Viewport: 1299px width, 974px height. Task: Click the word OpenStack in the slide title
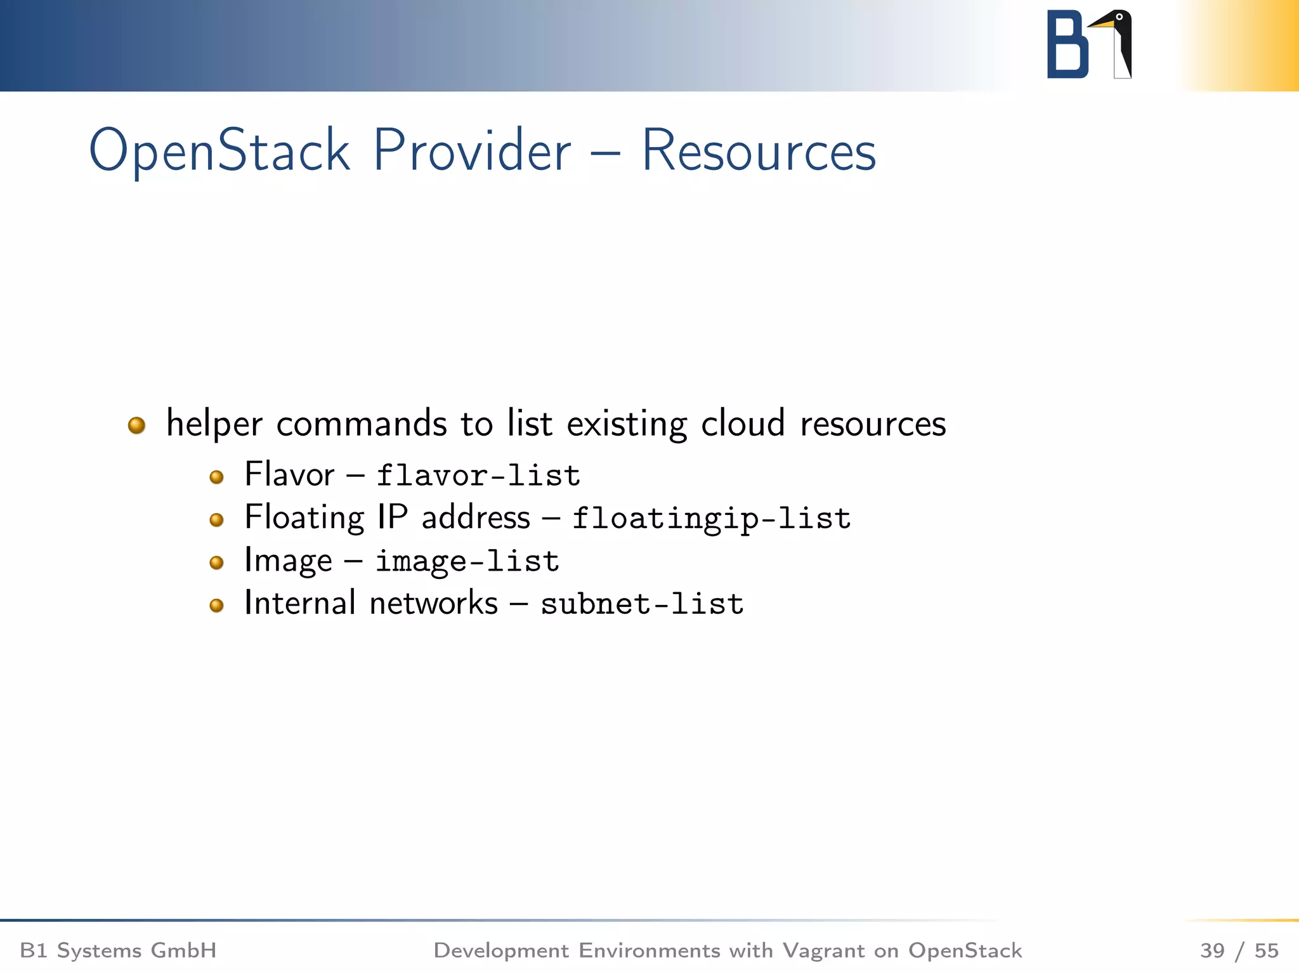(x=219, y=151)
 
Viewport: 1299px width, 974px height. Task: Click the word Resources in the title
(x=759, y=151)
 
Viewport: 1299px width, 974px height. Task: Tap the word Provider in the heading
(x=471, y=151)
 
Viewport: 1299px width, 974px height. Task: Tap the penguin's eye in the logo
(x=1119, y=16)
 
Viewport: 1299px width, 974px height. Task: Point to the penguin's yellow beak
(x=1101, y=24)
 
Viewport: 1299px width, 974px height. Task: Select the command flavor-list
(x=478, y=476)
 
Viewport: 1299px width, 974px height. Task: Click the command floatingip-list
(x=711, y=519)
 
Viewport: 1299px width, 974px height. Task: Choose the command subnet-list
(x=642, y=604)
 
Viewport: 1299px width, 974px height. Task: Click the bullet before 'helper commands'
(x=136, y=425)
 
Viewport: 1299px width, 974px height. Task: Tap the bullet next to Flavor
(x=216, y=477)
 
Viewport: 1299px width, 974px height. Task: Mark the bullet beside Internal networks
(x=216, y=606)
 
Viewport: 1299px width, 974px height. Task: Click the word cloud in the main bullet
(x=743, y=424)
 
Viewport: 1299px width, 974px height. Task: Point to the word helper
(x=214, y=424)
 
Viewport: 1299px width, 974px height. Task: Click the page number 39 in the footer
(x=1212, y=951)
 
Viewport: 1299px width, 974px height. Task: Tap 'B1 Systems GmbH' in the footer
(x=119, y=951)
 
